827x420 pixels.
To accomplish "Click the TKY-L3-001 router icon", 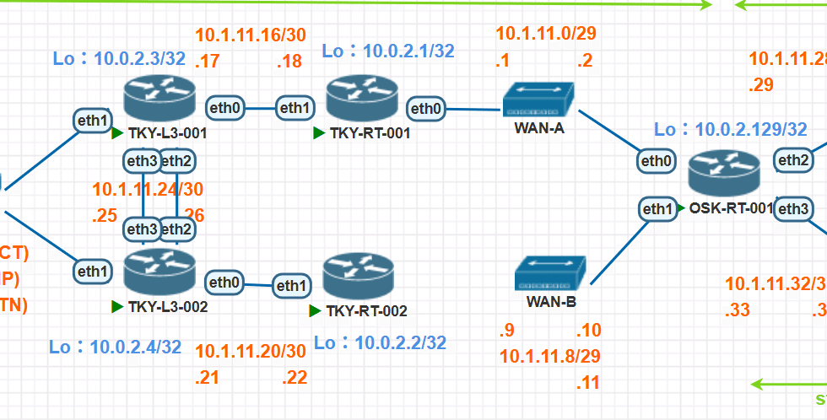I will click(159, 99).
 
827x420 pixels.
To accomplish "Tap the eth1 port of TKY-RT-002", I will click(290, 287).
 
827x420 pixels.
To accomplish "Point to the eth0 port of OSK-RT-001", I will click(657, 160).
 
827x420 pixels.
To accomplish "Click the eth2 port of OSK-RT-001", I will click(794, 159).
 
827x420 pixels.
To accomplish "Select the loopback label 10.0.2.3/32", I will click(119, 58).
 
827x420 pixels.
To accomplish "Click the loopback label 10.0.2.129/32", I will click(731, 129).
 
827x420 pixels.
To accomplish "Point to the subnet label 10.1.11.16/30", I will click(251, 35).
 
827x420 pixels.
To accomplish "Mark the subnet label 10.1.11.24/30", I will click(148, 190).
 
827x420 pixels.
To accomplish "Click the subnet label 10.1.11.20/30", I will click(251, 351).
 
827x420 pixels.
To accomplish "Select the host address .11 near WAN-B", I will click(587, 383).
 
